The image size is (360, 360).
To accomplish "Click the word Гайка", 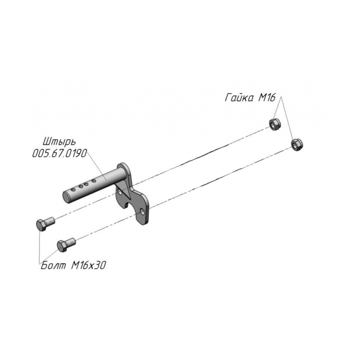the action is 239,98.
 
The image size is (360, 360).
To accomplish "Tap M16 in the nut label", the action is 267,98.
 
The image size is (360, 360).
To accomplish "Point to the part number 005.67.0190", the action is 60,153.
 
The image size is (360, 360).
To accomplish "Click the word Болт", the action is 53,265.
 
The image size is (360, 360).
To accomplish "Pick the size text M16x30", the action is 88,265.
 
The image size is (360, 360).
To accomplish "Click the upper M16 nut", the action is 275,124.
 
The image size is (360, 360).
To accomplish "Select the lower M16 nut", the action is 297,145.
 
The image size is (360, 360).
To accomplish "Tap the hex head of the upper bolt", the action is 42,225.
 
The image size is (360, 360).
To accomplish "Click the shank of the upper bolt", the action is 50,222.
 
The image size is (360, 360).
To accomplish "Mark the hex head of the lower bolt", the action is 62,246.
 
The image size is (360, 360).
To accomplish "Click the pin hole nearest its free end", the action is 73,190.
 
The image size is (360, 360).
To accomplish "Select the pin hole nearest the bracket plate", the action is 94,181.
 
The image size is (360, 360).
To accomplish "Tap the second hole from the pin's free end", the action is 81,187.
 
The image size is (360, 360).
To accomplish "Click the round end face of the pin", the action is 67,198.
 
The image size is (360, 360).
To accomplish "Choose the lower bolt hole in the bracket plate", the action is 143,212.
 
